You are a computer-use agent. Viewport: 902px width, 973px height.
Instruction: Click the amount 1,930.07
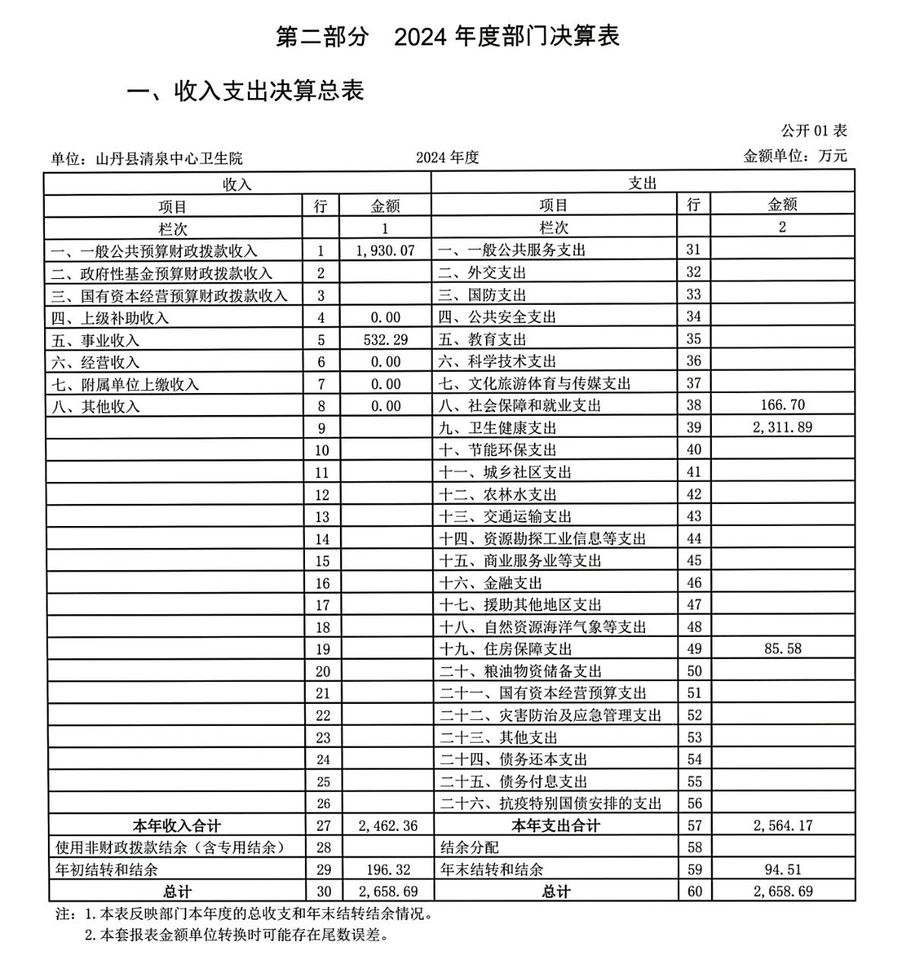pyautogui.click(x=385, y=251)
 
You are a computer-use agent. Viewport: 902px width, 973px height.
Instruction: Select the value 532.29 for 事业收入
pyautogui.click(x=385, y=340)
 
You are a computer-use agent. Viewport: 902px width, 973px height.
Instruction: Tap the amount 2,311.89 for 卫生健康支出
pyautogui.click(x=782, y=427)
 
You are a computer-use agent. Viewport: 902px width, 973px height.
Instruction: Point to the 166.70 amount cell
pyautogui.click(x=782, y=405)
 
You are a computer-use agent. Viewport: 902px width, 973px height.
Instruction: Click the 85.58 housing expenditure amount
pyautogui.click(x=782, y=649)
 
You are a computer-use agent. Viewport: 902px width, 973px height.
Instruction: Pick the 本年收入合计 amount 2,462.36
pyautogui.click(x=385, y=826)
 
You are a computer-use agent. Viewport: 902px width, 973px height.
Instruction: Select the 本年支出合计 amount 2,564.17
pyautogui.click(x=782, y=826)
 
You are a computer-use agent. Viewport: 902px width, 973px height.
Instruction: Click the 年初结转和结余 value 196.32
pyautogui.click(x=385, y=870)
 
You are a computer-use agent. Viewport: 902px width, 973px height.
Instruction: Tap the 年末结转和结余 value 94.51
pyautogui.click(x=782, y=870)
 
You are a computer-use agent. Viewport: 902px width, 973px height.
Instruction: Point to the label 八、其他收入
pyautogui.click(x=96, y=407)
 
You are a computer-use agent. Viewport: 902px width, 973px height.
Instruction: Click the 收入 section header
pyautogui.click(x=237, y=184)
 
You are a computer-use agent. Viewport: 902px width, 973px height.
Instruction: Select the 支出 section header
pyautogui.click(x=643, y=183)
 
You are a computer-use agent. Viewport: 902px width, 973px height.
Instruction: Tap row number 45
pyautogui.click(x=694, y=561)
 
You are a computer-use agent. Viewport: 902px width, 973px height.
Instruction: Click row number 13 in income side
pyautogui.click(x=322, y=517)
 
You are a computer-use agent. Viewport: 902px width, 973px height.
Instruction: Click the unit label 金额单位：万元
pyautogui.click(x=795, y=157)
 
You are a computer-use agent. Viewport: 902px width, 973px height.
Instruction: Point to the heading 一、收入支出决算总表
pyautogui.click(x=245, y=90)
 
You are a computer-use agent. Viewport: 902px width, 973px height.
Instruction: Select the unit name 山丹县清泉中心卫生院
pyautogui.click(x=169, y=158)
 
